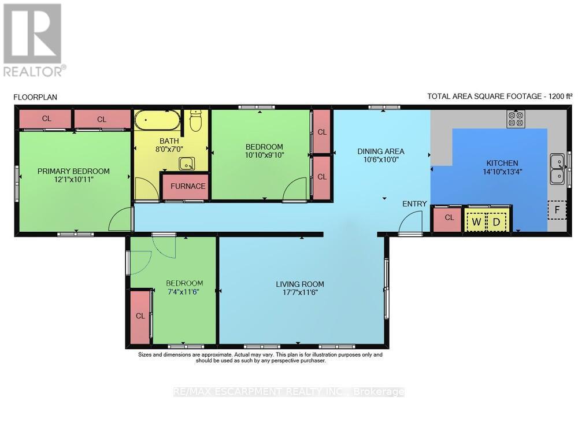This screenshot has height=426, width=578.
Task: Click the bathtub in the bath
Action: point(157,120)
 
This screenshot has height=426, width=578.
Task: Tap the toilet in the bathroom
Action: point(196,121)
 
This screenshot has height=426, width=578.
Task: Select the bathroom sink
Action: point(187,163)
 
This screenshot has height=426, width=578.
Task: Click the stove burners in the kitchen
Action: point(516,118)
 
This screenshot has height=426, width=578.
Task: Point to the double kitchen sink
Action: point(557,169)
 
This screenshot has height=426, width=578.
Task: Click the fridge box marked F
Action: point(557,210)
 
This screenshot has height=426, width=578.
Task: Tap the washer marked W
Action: point(476,222)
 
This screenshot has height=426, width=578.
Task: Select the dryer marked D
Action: point(497,222)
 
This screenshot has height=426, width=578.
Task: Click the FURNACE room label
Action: point(188,187)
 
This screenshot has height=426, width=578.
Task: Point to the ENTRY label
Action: point(414,204)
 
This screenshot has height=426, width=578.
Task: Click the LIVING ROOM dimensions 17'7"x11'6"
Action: point(299,292)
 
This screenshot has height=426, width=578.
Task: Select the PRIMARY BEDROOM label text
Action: point(73,171)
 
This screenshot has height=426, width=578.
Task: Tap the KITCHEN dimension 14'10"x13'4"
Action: point(502,171)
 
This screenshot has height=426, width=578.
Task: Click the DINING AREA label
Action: point(381,151)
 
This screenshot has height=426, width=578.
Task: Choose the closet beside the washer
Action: point(447,220)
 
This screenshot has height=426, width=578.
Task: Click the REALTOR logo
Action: point(34,40)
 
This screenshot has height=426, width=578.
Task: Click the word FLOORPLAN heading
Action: point(35,97)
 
